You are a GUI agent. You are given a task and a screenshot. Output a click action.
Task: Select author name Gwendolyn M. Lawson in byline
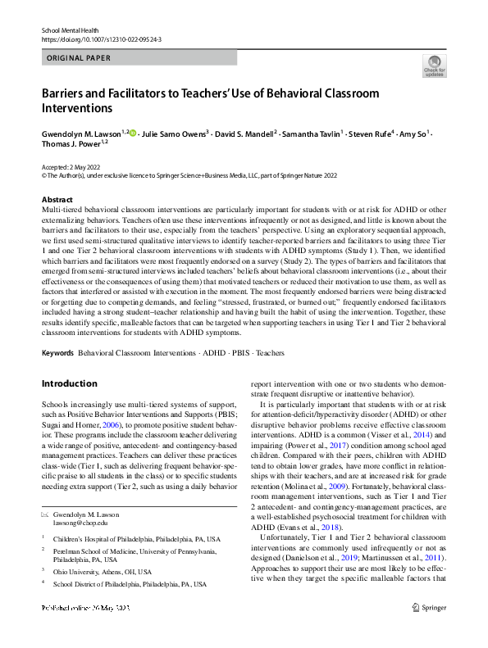pyautogui.click(x=80, y=133)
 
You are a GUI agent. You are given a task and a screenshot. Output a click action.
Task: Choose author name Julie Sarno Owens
pyautogui.click(x=173, y=133)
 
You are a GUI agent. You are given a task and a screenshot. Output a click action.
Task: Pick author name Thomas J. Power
pyautogui.click(x=70, y=143)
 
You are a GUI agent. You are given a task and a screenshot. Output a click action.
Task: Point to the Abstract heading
pyautogui.click(x=57, y=200)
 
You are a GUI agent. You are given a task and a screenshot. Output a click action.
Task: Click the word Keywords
pyautogui.click(x=57, y=353)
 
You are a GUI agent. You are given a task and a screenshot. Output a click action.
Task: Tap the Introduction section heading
pyautogui.click(x=69, y=383)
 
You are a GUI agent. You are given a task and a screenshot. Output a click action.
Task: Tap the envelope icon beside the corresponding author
pyautogui.click(x=45, y=514)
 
